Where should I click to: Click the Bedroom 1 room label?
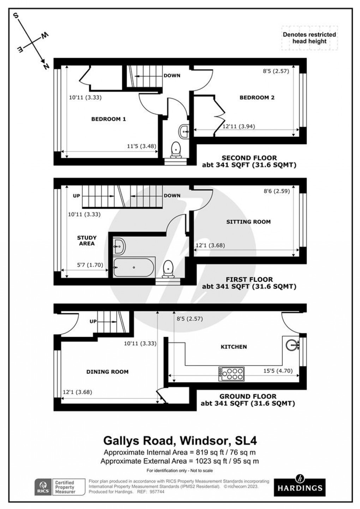tap(108, 119)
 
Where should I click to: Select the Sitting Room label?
tap(248, 222)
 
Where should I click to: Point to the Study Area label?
tap(86, 241)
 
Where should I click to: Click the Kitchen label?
tap(234, 347)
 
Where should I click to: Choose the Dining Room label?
tap(107, 372)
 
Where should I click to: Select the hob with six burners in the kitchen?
tap(231, 374)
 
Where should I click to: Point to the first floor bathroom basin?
tap(119, 245)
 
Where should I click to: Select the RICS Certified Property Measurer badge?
tap(60, 487)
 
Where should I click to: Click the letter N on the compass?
tap(45, 66)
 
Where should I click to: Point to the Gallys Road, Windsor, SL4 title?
tap(180, 440)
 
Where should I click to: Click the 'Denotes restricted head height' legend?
tap(309, 38)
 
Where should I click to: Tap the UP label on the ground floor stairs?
tap(93, 321)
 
